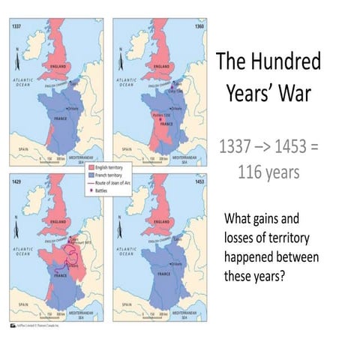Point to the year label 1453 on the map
196,181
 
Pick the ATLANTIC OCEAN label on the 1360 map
125,82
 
